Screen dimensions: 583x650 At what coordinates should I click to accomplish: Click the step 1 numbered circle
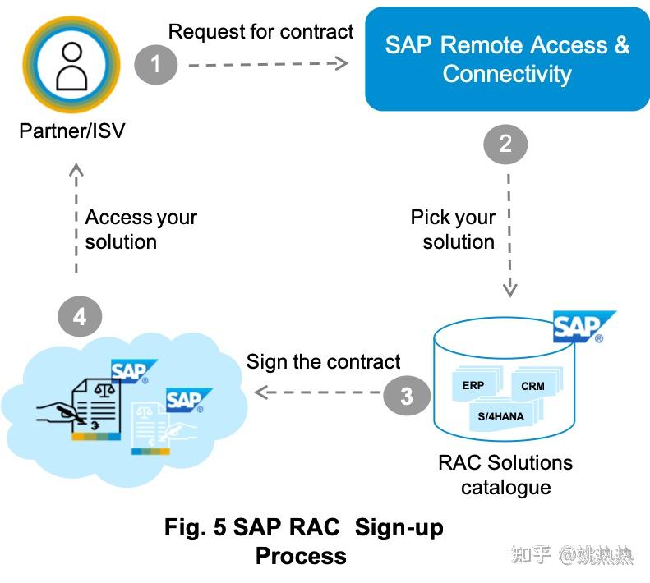[156, 64]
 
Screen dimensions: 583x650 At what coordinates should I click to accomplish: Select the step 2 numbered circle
[505, 145]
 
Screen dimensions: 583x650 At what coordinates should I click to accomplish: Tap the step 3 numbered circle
[406, 396]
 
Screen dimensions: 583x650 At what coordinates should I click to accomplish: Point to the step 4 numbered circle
[80, 316]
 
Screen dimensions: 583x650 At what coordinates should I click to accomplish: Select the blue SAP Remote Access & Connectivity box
[506, 59]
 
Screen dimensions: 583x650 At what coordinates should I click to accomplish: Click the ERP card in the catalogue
[473, 386]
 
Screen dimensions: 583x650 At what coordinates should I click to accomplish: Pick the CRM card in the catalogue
[532, 386]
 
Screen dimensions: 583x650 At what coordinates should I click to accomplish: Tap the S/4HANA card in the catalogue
[501, 416]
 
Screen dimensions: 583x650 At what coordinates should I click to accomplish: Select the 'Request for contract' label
[260, 32]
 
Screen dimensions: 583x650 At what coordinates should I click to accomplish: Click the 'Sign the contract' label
[323, 361]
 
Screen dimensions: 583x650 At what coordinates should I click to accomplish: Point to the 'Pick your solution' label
[454, 230]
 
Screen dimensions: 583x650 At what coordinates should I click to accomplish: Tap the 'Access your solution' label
[141, 230]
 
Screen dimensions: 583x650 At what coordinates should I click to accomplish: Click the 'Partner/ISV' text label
[72, 131]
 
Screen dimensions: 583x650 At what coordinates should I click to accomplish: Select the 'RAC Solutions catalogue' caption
[505, 475]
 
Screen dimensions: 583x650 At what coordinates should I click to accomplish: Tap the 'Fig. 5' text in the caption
[196, 527]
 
